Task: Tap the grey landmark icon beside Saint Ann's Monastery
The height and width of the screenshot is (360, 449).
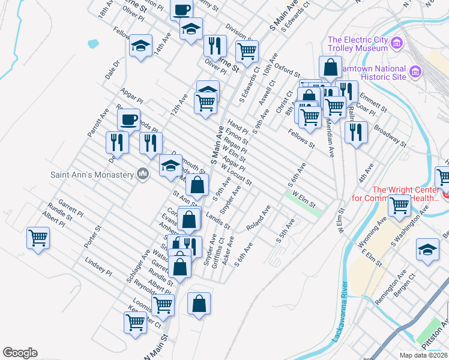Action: (142, 174)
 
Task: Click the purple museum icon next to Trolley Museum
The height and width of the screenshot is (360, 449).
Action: (397, 43)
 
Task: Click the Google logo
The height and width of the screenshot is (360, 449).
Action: (20, 353)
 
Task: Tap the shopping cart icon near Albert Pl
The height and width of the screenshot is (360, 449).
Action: (38, 238)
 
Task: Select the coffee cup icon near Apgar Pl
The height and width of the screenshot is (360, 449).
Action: (128, 119)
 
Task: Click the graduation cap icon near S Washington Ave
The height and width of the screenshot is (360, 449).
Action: (427, 251)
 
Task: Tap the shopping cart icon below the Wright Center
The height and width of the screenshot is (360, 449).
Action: (399, 205)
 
